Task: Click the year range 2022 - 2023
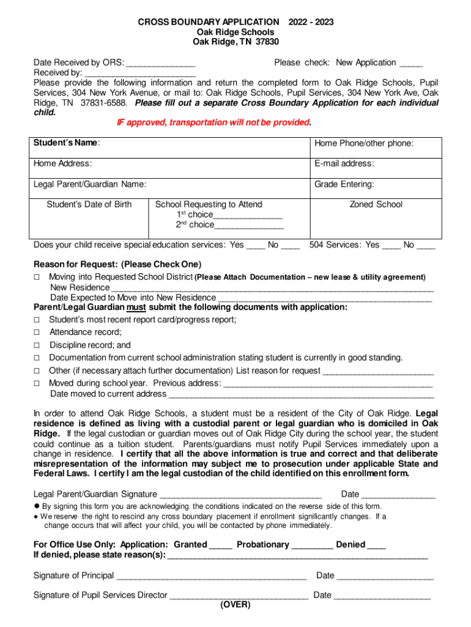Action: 312,22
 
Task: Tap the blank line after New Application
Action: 410,64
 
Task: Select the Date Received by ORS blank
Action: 161,64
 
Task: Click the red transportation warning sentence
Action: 214,122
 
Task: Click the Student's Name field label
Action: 67,143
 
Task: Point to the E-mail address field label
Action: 344,163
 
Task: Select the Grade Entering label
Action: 344,184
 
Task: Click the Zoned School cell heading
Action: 376,205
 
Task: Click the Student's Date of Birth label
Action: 89,205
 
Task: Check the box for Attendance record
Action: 37,332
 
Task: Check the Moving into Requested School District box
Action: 37,277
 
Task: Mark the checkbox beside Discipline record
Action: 37,345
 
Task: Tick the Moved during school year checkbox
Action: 37,383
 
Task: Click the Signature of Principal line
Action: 211,577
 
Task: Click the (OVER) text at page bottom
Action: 236,604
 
